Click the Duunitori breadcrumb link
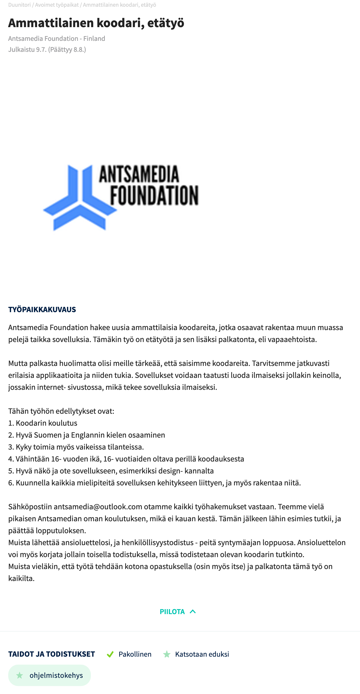click(x=19, y=5)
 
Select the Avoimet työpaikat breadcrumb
click(x=57, y=5)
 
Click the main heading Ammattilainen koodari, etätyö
click(x=96, y=23)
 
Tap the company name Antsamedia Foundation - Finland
click(x=57, y=39)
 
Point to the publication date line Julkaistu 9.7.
click(x=47, y=50)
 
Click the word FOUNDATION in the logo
click(x=154, y=195)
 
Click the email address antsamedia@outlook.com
click(x=98, y=507)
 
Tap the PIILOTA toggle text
click(x=172, y=612)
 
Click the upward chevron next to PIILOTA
click(x=193, y=612)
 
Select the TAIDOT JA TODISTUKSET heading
click(x=52, y=654)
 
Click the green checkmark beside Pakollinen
click(x=110, y=654)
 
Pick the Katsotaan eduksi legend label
click(x=202, y=654)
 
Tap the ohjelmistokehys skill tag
click(x=50, y=675)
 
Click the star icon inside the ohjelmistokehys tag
click(x=19, y=675)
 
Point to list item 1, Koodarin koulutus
click(x=43, y=423)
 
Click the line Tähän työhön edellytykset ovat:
click(x=61, y=411)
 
